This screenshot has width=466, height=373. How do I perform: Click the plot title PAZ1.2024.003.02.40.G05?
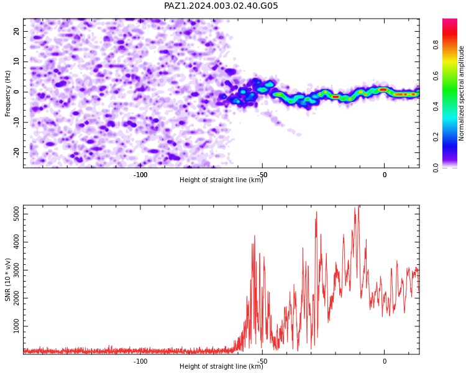221,6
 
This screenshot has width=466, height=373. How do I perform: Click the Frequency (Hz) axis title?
7,93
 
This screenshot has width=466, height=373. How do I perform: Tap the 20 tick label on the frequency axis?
17,31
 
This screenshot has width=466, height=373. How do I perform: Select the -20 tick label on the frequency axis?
17,154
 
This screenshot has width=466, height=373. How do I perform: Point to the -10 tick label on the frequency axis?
17,122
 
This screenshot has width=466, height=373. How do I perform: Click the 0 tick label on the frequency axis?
17,92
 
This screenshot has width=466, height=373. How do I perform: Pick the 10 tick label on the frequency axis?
17,62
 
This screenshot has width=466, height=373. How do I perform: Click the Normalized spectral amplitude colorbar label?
461,93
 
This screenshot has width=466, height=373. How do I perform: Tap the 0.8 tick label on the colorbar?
436,45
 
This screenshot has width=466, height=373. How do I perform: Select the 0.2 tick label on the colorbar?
436,137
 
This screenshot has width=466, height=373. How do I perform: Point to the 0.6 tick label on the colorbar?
436,76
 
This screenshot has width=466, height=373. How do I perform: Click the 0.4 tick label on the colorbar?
436,106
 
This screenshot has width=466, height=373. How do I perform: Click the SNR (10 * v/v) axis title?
7,280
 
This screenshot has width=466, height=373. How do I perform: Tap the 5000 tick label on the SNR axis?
17,214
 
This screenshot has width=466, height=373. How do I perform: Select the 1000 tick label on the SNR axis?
17,326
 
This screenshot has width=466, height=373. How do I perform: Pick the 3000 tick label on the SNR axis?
17,270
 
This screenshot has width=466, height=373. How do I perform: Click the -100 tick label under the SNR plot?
140,361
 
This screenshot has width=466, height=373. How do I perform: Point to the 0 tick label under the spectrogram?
385,175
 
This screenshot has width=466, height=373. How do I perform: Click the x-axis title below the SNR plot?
221,366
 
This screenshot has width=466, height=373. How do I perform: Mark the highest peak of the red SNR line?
359,206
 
